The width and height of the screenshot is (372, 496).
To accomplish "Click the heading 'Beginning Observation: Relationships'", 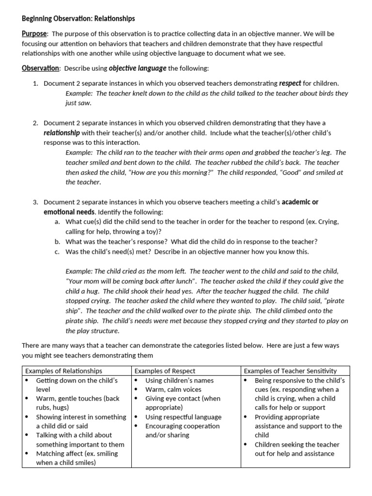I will pyautogui.click(x=78, y=18).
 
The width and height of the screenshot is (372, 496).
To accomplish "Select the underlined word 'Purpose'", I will pyautogui.click(x=34, y=34).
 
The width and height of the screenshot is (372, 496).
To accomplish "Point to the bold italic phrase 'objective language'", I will pyautogui.click(x=137, y=68).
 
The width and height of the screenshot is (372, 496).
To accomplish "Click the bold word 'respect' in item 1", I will pyautogui.click(x=290, y=84).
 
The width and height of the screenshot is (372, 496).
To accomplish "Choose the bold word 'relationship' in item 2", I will pyautogui.click(x=62, y=133).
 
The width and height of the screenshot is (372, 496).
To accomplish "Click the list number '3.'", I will pyautogui.click(x=35, y=202).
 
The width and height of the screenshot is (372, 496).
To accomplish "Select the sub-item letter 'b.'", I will pyautogui.click(x=57, y=241).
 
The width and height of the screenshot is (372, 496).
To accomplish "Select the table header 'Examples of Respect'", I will pyautogui.click(x=165, y=371).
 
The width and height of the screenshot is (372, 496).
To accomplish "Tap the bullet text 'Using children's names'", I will pyautogui.click(x=179, y=380).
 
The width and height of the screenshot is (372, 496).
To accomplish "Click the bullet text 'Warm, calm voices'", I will pyautogui.click(x=173, y=389).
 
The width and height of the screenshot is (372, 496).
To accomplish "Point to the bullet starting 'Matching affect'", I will pyautogui.click(x=77, y=458).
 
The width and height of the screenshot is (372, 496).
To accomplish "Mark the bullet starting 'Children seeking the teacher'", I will pyautogui.click(x=296, y=449).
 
